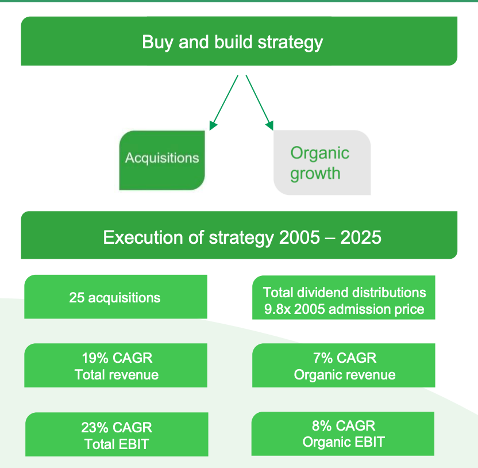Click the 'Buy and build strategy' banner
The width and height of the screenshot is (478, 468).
239,42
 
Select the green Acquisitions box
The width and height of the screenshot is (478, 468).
162,159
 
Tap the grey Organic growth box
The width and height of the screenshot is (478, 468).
322,163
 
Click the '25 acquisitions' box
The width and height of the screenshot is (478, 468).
115,297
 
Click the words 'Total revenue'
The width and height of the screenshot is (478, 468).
116,375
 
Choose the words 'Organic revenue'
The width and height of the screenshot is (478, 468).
344,375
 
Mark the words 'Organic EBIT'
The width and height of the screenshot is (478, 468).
344,442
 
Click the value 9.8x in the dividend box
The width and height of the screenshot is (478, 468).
275,309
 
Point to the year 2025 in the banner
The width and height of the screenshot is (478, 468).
361,237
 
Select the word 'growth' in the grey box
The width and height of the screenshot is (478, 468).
315,174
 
